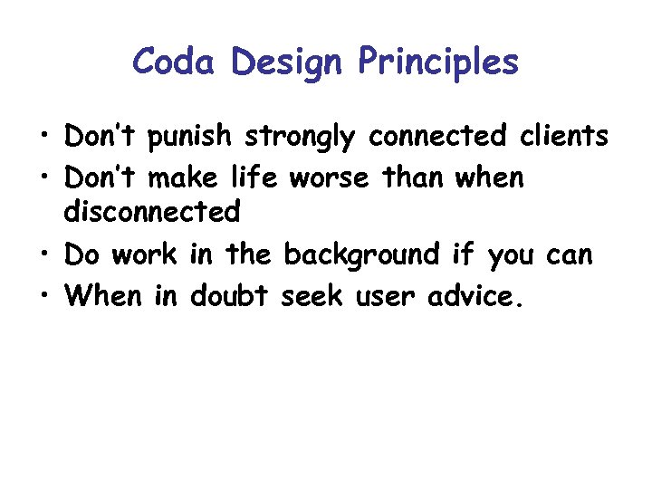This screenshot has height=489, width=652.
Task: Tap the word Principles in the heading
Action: pos(438,62)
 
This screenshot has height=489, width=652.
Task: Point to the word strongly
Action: pos(303,139)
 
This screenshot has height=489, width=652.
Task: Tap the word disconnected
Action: pos(152,213)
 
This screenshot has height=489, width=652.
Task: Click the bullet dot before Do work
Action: pos(44,256)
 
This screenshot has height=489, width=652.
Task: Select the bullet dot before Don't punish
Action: pos(44,137)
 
